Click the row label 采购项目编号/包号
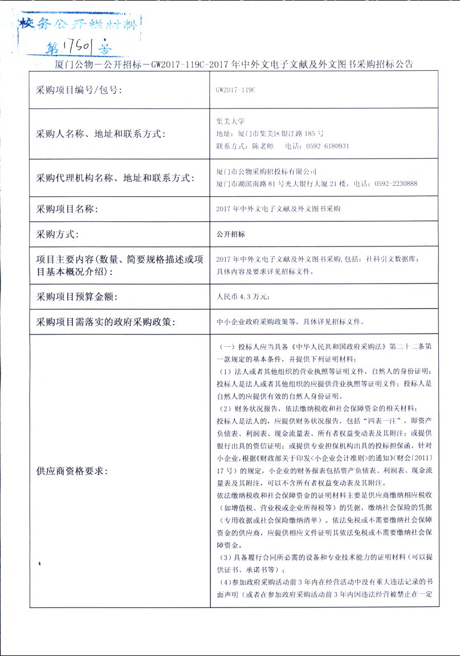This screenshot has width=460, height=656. (79, 90)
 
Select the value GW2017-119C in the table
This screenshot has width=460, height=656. (236, 90)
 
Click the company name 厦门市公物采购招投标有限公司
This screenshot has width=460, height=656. (267, 171)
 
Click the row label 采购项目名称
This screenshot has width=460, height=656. (67, 209)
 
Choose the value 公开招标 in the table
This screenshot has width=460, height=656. (231, 234)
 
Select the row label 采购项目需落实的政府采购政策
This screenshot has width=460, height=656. (105, 322)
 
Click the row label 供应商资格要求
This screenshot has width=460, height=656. (71, 471)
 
